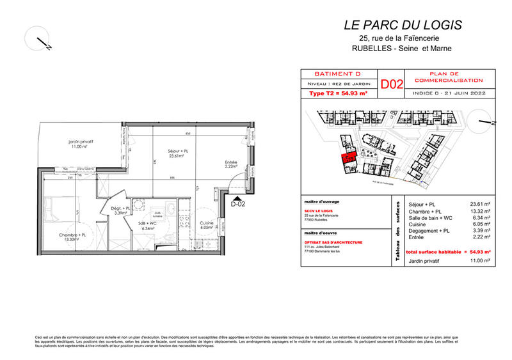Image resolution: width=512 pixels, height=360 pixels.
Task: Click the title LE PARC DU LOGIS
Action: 403,26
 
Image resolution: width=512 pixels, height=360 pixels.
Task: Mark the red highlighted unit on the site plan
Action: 349,160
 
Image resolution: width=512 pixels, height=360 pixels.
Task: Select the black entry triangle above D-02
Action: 239,197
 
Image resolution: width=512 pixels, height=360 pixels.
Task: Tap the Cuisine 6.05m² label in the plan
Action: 207,224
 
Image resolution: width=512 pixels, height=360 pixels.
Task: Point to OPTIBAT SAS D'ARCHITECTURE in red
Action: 333,243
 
